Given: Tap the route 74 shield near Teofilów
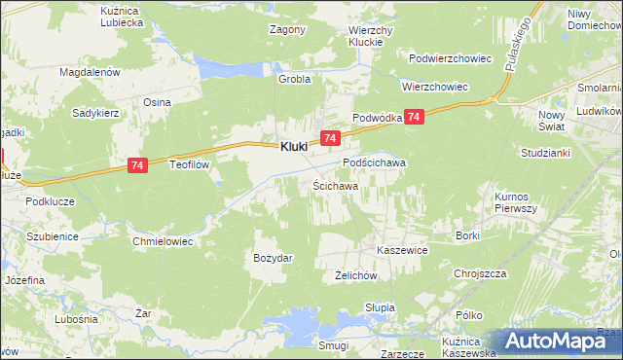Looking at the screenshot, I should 137,167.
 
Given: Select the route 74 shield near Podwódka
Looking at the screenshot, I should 415,117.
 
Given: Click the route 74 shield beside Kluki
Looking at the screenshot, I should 330,140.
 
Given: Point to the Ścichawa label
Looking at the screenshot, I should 335,185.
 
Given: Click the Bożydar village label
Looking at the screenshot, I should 274,257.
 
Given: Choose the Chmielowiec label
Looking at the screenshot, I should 164,238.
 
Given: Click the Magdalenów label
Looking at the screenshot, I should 89,72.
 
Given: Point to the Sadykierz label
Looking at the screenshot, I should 95,112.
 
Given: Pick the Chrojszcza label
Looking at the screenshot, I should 481,273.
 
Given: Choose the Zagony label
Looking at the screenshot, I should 287,29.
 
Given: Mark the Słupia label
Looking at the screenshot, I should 379,307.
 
